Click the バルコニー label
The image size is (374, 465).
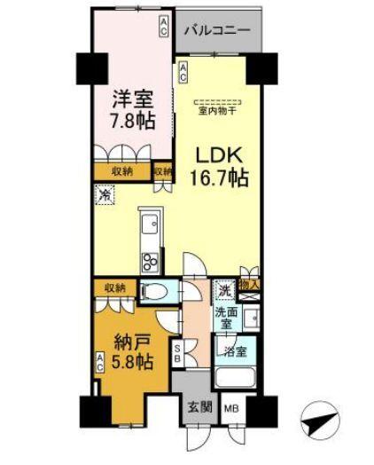[x=217, y=29]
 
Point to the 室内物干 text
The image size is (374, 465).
[x=217, y=111]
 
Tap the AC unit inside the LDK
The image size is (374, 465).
[x=183, y=74]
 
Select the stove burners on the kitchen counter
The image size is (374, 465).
[x=148, y=262]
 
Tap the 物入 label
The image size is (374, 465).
[x=249, y=284]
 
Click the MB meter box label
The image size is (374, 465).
[x=230, y=409]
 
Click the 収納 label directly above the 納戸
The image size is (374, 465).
[x=113, y=287]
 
